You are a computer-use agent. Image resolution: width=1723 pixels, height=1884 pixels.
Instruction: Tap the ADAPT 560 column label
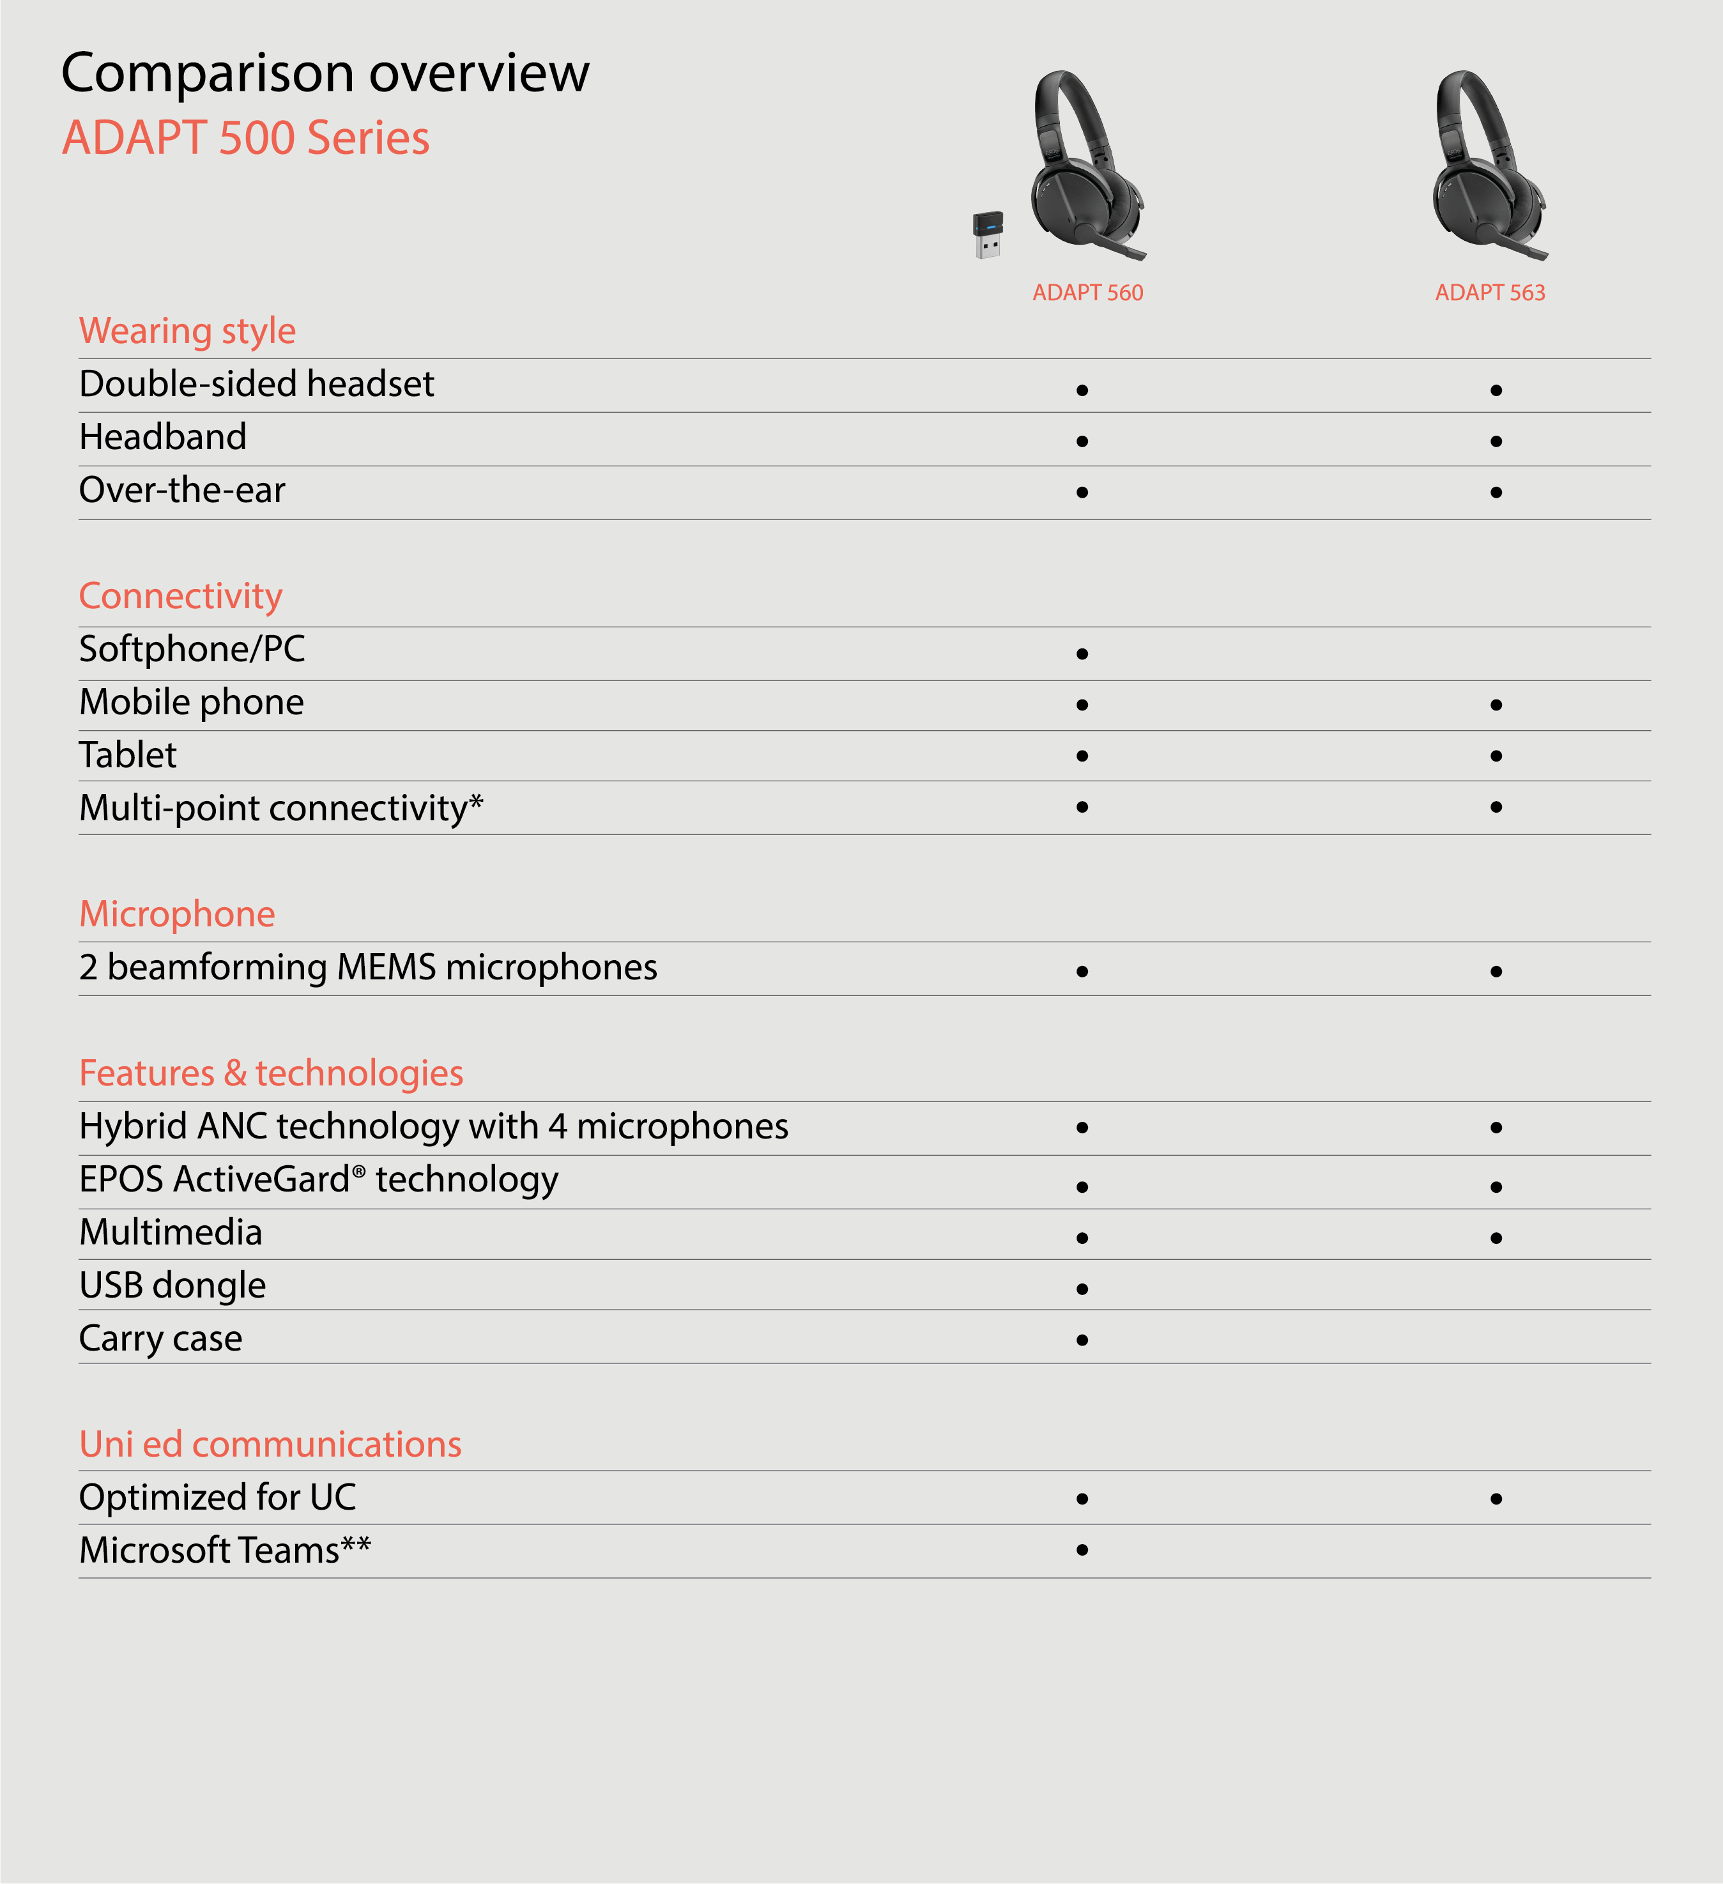click(x=1087, y=293)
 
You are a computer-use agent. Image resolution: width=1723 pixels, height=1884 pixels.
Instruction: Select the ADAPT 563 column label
click(x=1490, y=293)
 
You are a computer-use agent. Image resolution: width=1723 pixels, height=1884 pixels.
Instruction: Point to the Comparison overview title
click(x=325, y=73)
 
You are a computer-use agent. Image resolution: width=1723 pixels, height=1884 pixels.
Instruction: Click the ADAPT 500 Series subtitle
click(x=246, y=138)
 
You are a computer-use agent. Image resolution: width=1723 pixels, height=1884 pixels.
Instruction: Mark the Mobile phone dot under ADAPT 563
click(x=1496, y=705)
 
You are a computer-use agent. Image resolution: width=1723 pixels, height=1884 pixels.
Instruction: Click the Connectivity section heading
click(x=180, y=596)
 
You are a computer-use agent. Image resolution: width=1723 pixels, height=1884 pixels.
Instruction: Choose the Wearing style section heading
click(x=188, y=331)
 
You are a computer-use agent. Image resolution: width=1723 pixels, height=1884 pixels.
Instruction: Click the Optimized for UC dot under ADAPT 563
click(x=1496, y=1499)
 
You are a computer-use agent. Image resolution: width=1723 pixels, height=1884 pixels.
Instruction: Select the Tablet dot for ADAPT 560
click(x=1082, y=756)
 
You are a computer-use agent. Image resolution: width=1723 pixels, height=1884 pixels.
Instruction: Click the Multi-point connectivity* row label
click(x=281, y=808)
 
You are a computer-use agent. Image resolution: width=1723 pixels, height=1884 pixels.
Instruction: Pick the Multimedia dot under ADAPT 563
click(x=1496, y=1238)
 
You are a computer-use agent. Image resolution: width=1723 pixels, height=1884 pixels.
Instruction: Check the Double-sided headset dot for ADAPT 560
click(x=1082, y=390)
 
